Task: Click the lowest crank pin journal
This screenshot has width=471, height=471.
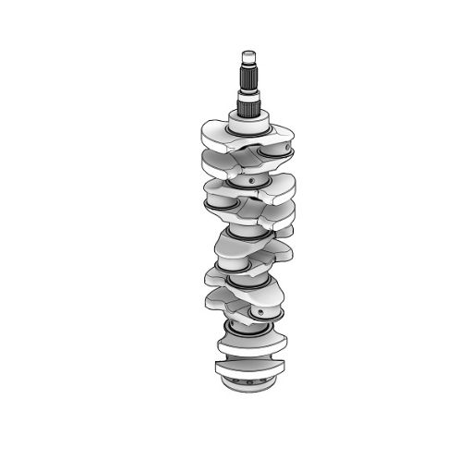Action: [254, 320]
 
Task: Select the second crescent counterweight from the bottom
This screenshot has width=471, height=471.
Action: [249, 343]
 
